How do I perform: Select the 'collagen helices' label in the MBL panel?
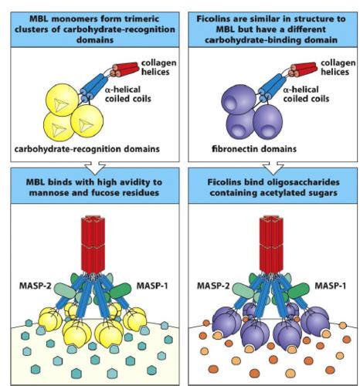(159, 67)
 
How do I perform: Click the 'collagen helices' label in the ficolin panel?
(338, 67)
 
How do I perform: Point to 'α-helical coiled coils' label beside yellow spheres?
(128, 94)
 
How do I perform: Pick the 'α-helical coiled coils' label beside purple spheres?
(306, 94)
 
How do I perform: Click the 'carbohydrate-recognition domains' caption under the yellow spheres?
(87, 149)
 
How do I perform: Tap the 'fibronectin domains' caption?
(254, 149)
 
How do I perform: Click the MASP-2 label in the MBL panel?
(36, 286)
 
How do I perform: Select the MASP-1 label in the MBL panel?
(152, 286)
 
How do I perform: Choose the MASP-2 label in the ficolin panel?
(213, 286)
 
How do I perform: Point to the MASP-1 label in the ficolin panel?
(331, 286)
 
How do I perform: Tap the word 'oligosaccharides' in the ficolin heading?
(303, 182)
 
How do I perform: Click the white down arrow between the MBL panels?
(95, 168)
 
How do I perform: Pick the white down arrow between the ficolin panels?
(273, 168)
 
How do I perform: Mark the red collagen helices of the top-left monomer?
(124, 69)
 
